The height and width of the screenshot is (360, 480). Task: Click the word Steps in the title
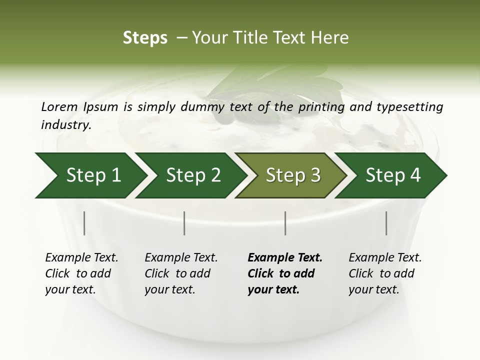(145, 38)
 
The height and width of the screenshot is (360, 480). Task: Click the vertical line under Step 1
(84, 223)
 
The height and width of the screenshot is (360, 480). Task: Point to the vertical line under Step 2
(184, 223)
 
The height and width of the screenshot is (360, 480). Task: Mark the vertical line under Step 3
(285, 223)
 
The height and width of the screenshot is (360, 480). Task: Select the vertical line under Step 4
(386, 223)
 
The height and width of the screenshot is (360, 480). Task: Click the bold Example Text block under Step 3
(285, 273)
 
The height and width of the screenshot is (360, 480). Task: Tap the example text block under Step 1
(81, 273)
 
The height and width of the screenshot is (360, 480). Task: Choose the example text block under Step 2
(181, 273)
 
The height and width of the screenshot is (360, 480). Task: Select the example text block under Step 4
(385, 273)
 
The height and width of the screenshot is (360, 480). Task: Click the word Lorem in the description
(59, 106)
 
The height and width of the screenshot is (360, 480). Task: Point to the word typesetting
(410, 107)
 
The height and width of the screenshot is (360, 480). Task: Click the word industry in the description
(66, 124)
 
